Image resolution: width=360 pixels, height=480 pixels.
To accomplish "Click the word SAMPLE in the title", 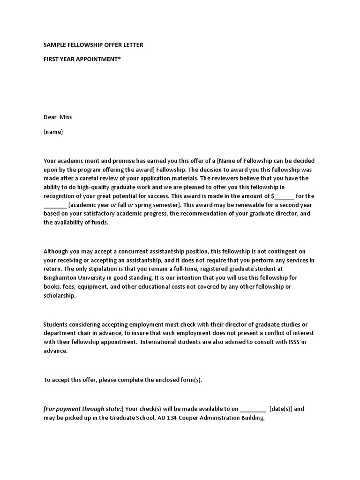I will click(x=55, y=45).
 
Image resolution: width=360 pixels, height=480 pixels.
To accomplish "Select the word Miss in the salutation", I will click(x=66, y=117).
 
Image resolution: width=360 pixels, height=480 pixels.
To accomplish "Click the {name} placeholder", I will click(x=53, y=132).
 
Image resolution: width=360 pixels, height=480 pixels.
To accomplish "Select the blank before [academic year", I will click(x=55, y=205).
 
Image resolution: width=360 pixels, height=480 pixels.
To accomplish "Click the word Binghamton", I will click(x=60, y=278).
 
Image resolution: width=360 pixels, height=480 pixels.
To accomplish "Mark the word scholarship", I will click(x=59, y=296).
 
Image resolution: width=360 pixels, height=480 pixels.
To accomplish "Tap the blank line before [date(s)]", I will click(x=253, y=409).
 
